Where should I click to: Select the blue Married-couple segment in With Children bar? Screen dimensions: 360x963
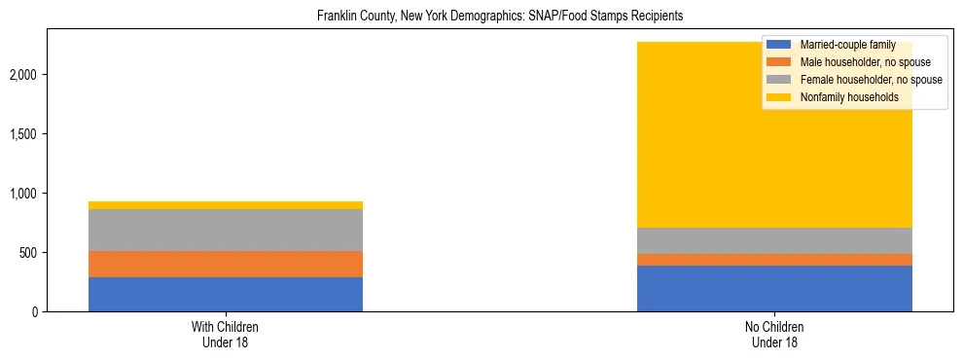[226, 294]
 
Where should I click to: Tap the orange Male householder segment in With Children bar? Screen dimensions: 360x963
[226, 264]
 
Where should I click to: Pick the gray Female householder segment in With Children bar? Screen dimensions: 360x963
[226, 230]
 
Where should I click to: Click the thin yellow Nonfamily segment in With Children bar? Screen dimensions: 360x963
[226, 205]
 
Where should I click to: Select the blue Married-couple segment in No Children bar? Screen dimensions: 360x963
[774, 288]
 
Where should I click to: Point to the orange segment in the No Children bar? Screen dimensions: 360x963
[774, 260]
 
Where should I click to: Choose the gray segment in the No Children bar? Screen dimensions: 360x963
[774, 240]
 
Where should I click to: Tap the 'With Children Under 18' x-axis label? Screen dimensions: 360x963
[226, 335]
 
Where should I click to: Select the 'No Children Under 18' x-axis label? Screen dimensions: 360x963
[774, 335]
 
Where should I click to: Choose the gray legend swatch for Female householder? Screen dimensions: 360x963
[779, 80]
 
